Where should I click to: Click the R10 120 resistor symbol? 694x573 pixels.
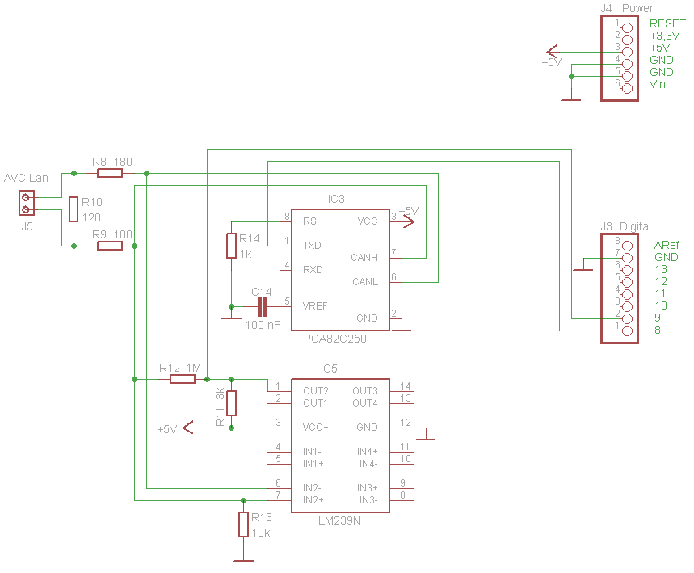(x=74, y=209)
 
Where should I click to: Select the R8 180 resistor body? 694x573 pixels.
(x=110, y=173)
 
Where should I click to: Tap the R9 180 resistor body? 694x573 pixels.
(x=110, y=246)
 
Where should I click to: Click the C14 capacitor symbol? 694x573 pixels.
(x=261, y=306)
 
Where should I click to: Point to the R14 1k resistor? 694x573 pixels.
(x=232, y=246)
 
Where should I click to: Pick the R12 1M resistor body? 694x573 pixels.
(x=183, y=379)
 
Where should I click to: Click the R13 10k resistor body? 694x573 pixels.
(x=243, y=525)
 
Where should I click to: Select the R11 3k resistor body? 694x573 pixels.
(x=232, y=402)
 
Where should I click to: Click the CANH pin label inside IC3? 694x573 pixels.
(x=364, y=258)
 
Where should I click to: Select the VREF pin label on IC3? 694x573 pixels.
(x=315, y=306)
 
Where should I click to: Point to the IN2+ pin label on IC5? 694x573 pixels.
(x=313, y=500)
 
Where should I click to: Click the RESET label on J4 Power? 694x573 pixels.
(x=667, y=24)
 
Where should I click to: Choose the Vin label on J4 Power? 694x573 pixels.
(x=658, y=84)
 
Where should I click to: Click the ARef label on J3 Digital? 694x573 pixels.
(x=667, y=245)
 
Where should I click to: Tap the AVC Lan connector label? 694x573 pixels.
(x=27, y=178)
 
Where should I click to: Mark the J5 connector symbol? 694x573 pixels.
(x=27, y=203)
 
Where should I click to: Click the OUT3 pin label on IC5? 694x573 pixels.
(x=365, y=391)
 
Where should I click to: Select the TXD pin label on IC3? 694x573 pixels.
(x=313, y=245)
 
